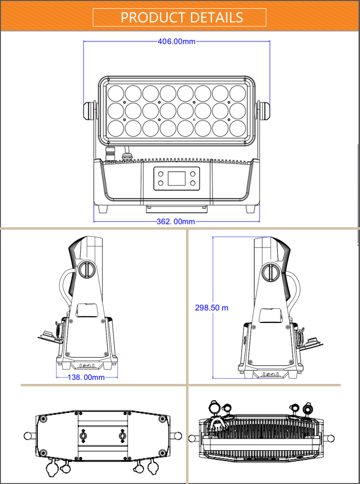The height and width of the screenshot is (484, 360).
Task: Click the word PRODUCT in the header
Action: coord(153,17)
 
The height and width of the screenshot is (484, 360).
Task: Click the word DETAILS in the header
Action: coord(216,17)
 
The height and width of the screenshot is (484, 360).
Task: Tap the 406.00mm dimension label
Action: coord(176,42)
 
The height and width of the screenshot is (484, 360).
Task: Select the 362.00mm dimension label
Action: coord(176,221)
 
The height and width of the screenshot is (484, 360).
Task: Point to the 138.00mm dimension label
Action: coord(86,377)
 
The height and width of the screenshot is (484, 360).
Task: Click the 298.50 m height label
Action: coord(212,308)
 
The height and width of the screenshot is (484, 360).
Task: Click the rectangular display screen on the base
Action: coord(176,179)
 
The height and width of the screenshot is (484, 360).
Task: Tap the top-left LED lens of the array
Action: coord(115,93)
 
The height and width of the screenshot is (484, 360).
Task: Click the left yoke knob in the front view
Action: coord(89,111)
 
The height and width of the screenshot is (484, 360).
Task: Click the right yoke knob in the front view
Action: coord(264,111)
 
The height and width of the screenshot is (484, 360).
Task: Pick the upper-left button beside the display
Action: coord(161,174)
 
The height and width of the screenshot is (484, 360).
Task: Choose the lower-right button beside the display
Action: coord(193,183)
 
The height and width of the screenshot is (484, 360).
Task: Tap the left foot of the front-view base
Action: coord(103,209)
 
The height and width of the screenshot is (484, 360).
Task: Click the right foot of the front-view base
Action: coord(251,209)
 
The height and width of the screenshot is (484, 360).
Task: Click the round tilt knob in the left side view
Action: coord(86,269)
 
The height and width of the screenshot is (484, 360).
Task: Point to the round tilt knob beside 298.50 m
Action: coord(270,271)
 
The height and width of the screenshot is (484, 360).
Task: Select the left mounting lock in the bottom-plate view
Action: coord(83,436)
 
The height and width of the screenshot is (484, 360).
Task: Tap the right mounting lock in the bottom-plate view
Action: coord(122,436)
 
